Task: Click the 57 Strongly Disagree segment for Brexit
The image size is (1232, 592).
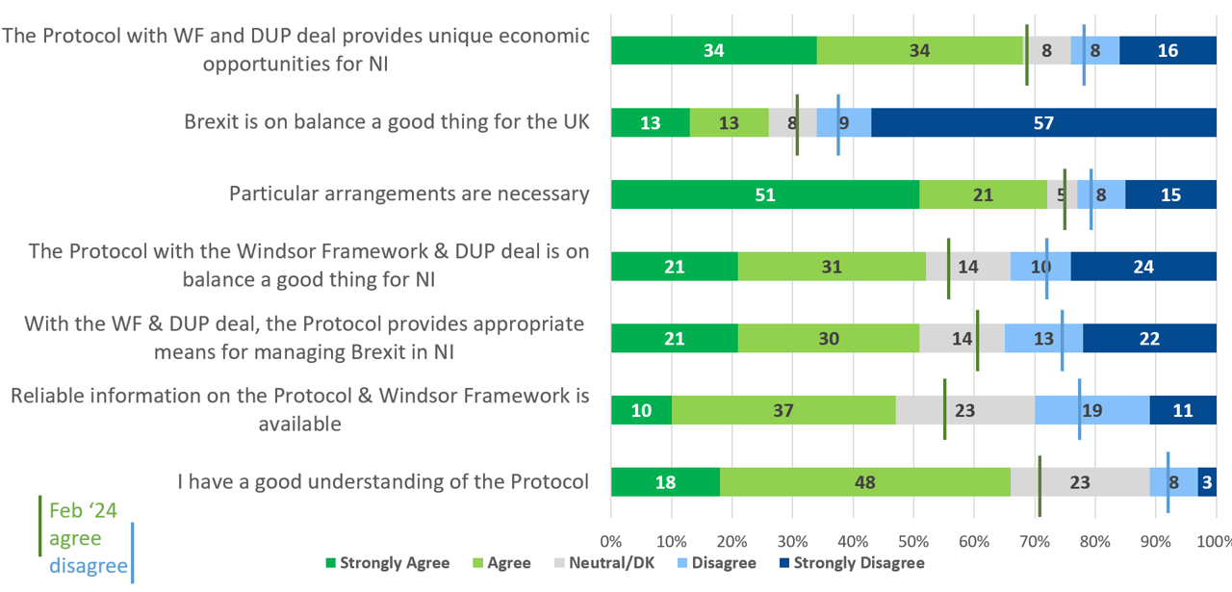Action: pos(1043,122)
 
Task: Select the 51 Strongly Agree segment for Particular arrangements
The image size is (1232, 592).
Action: pos(765,194)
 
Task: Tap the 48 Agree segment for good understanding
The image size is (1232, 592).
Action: pos(864,482)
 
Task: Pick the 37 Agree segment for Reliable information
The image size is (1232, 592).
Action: pos(783,410)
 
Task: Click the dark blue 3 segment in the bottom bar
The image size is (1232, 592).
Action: pos(1207,482)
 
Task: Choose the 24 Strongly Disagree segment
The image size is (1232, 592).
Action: pos(1143,267)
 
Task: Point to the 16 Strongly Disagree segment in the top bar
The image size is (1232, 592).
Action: pos(1168,50)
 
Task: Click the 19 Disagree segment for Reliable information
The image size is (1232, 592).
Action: pos(1091,410)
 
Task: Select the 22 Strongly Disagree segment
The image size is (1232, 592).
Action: pos(1149,339)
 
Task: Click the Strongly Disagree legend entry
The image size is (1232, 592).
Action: pos(851,563)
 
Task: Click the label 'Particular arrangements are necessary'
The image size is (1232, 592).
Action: pos(409,193)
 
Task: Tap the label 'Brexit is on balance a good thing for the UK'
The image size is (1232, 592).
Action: pos(387,122)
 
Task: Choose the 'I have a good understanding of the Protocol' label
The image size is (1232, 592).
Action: pos(383,482)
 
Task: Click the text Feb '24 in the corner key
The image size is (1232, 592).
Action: pos(83,510)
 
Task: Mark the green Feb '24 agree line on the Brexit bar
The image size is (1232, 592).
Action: pos(797,124)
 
